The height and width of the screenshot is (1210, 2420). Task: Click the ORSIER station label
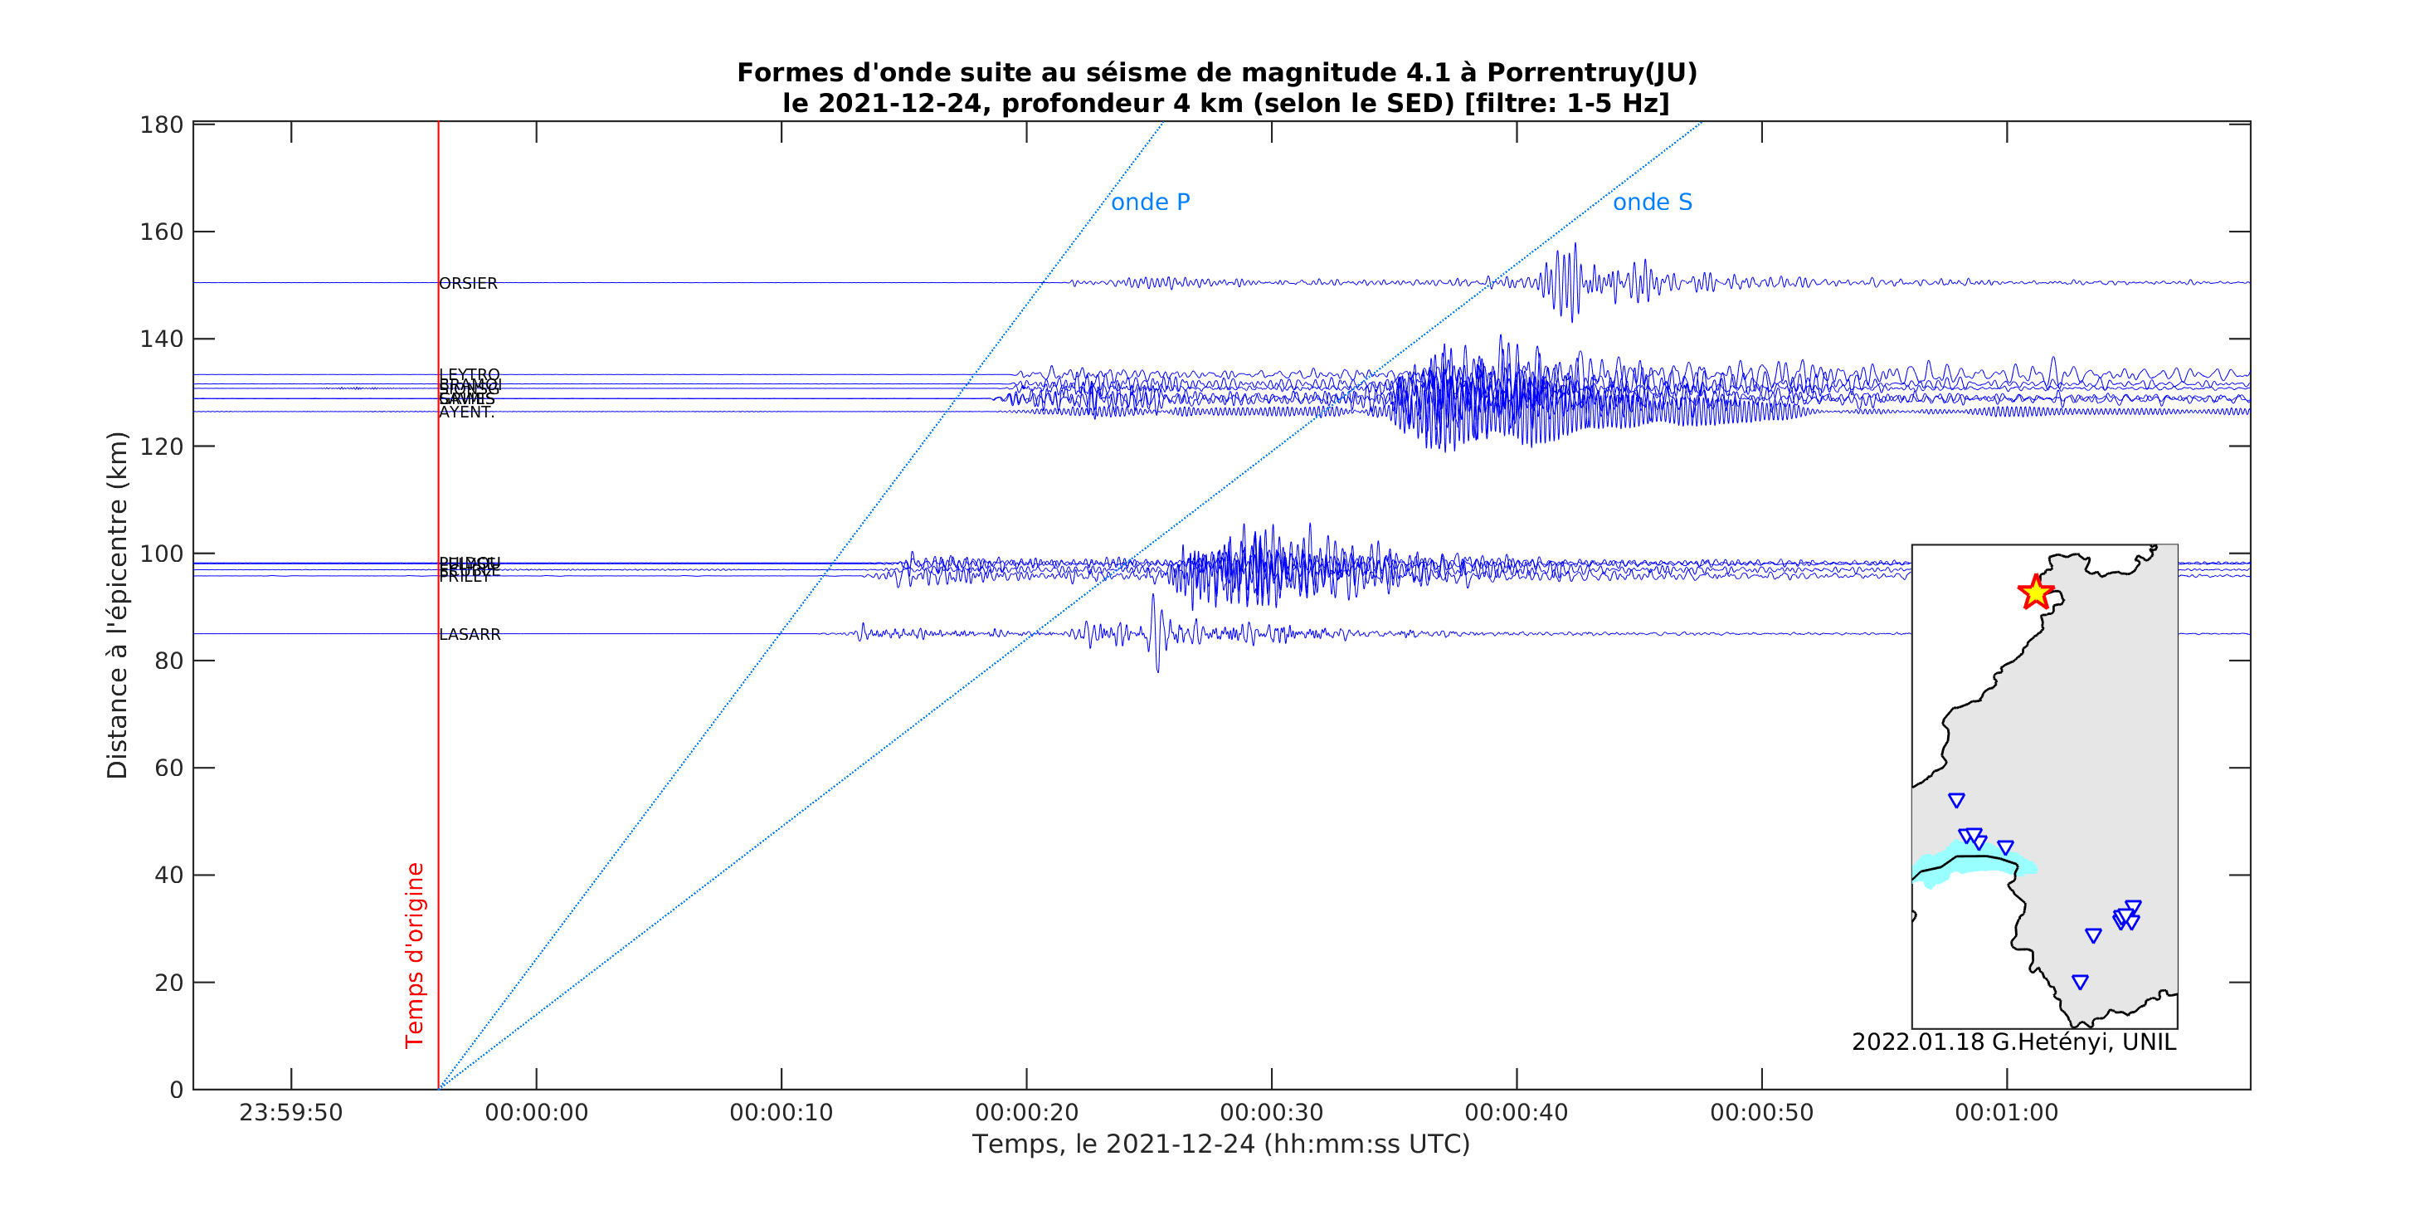[468, 284]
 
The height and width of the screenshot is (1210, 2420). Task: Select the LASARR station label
[470, 635]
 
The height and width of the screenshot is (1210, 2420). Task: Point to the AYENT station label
[466, 412]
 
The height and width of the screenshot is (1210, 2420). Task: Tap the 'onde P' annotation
[1150, 203]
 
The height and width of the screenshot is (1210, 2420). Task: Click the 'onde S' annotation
[1652, 203]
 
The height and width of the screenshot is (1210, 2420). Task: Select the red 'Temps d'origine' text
[414, 954]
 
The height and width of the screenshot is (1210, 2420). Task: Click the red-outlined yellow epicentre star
[2035, 593]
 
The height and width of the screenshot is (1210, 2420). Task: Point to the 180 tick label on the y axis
[162, 125]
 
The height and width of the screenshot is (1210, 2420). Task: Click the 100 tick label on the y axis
[162, 554]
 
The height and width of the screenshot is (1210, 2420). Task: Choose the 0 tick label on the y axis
[176, 1090]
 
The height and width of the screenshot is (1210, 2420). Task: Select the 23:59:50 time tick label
[290, 1113]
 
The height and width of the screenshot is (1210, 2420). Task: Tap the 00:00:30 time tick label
[1271, 1113]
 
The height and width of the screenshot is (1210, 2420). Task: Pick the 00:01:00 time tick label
[2006, 1113]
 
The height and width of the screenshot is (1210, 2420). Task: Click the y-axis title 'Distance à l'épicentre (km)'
[118, 605]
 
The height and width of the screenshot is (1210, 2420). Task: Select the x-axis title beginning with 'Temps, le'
[1220, 1144]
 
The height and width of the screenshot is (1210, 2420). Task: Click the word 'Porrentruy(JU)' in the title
[1591, 73]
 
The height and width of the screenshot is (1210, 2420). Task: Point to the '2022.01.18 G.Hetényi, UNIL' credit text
[2013, 1043]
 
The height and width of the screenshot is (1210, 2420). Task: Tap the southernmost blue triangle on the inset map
[2080, 983]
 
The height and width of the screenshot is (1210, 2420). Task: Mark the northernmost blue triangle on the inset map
[1956, 800]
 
